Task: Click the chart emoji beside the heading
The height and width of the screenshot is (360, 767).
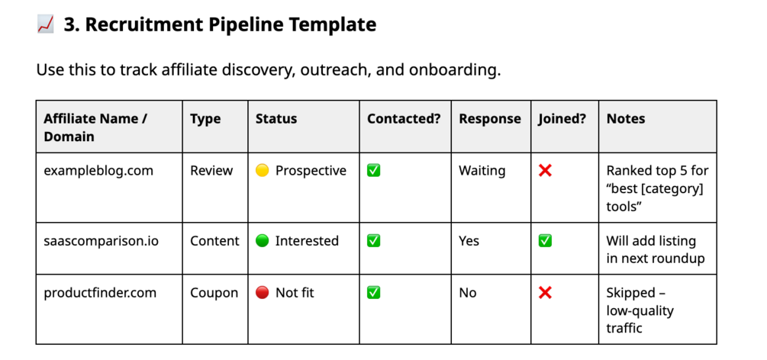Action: pyautogui.click(x=45, y=24)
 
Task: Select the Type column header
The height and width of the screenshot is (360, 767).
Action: pyautogui.click(x=205, y=119)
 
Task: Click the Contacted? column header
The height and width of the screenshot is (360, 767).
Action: pyautogui.click(x=404, y=119)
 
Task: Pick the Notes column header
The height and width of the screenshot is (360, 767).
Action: pyautogui.click(x=626, y=119)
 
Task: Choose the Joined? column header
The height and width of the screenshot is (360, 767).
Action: pyautogui.click(x=562, y=119)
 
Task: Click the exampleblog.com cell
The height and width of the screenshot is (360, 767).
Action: pyautogui.click(x=98, y=171)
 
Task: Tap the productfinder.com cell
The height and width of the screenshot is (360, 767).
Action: pyautogui.click(x=100, y=293)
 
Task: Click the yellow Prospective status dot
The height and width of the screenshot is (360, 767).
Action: pyautogui.click(x=263, y=171)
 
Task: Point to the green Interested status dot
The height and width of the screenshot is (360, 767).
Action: pyautogui.click(x=263, y=241)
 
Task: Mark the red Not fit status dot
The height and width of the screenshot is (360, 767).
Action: pyautogui.click(x=263, y=293)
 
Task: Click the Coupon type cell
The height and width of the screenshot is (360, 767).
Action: pyautogui.click(x=214, y=293)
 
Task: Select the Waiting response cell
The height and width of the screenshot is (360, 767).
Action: pyautogui.click(x=482, y=171)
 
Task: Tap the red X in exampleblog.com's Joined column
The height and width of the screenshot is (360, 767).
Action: pyautogui.click(x=545, y=171)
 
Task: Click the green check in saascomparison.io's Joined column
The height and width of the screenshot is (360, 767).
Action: pyautogui.click(x=545, y=241)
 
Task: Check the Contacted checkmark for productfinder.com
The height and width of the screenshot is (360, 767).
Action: pyautogui.click(x=374, y=293)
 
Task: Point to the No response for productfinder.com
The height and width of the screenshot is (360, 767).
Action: pyautogui.click(x=467, y=293)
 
